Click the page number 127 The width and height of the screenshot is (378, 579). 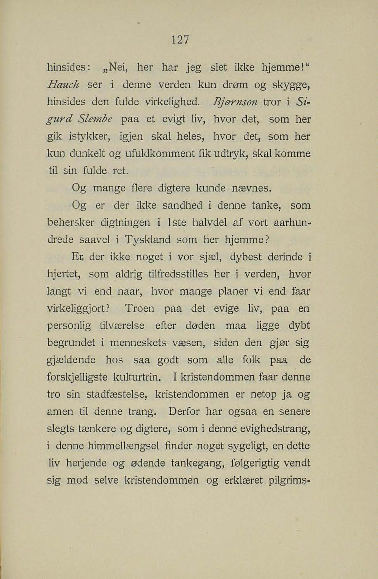point(180,40)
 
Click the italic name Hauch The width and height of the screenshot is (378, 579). point(63,84)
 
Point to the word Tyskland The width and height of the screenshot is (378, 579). point(147,240)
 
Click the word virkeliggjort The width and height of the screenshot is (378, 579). point(79,309)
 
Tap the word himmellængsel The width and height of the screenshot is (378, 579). point(123,446)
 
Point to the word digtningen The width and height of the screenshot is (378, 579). point(125,222)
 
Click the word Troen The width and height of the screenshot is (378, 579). point(140,308)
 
